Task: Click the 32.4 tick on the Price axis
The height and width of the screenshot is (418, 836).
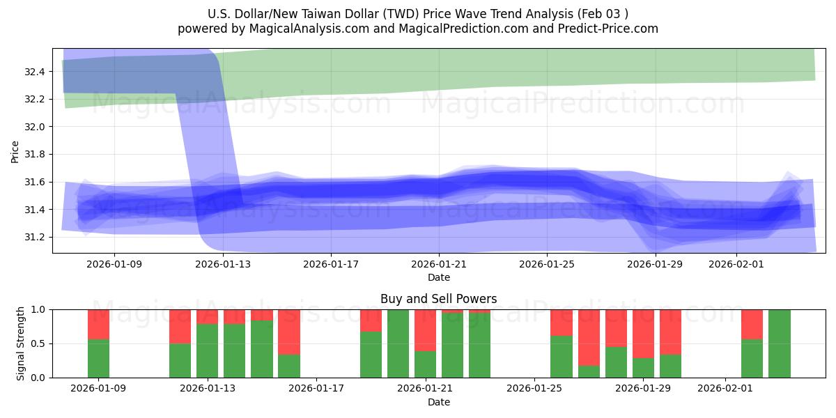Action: pos(35,72)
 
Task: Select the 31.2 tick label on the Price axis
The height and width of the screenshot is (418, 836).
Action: pos(35,237)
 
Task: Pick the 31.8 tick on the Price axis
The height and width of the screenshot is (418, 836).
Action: pos(35,155)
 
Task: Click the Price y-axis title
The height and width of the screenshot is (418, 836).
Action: pos(15,150)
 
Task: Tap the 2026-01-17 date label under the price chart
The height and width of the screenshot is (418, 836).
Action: pos(331,264)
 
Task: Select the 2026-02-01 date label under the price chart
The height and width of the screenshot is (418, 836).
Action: pos(736,264)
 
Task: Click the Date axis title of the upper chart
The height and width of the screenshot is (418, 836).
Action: pos(439,277)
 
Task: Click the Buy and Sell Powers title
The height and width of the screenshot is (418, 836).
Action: pos(439,299)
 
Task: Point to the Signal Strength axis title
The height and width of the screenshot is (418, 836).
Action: pos(21,343)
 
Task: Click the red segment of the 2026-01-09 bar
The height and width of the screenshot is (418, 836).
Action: pos(99,324)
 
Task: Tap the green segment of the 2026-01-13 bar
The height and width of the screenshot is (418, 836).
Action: pos(208,350)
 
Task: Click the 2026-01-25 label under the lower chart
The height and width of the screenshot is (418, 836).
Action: pos(534,389)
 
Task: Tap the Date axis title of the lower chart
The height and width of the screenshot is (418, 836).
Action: pos(439,402)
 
